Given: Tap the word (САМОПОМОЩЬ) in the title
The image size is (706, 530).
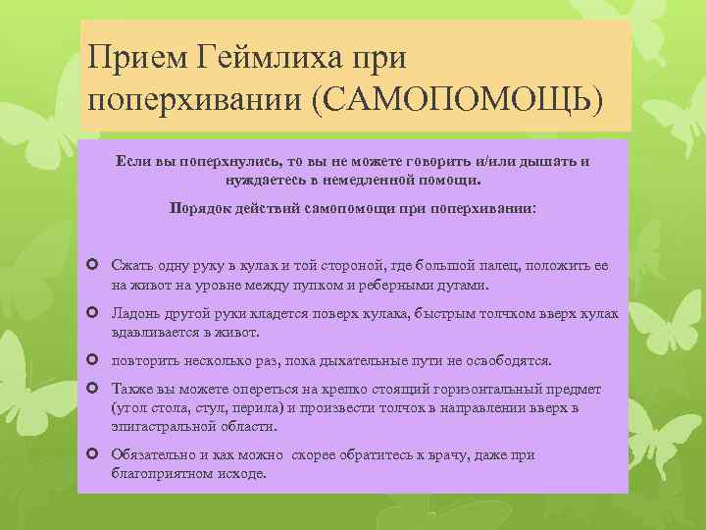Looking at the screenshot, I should [x=456, y=101].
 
